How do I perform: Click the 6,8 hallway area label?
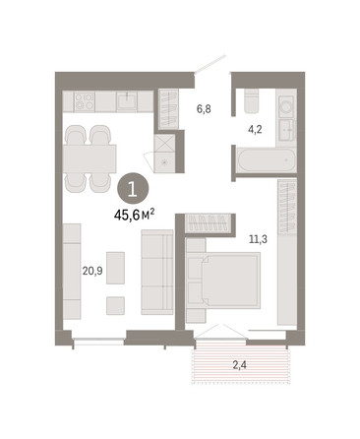pyautogui.click(x=204, y=109)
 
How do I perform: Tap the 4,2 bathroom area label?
pyautogui.click(x=255, y=130)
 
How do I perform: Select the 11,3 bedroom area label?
pyautogui.click(x=258, y=239)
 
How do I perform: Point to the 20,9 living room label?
pyautogui.click(x=92, y=271)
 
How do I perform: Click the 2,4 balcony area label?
pyautogui.click(x=240, y=364)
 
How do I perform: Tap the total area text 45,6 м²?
pyautogui.click(x=135, y=216)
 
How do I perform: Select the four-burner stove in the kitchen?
pyautogui.click(x=85, y=100)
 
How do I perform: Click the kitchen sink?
pyautogui.click(x=127, y=101)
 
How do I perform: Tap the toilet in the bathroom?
pyautogui.click(x=252, y=101)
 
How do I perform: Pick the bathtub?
pyautogui.click(x=267, y=160)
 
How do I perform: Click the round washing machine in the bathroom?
pyautogui.click(x=286, y=106)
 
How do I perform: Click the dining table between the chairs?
pyautogui.click(x=90, y=158)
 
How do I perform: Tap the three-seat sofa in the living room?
pyautogui.click(x=157, y=272)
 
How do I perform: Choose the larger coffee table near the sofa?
pyautogui.click(x=115, y=268)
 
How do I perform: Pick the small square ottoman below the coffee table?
pyautogui.click(x=115, y=306)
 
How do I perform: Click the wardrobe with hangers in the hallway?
pyautogui.click(x=168, y=109)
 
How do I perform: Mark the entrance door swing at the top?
pyautogui.click(x=210, y=64)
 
